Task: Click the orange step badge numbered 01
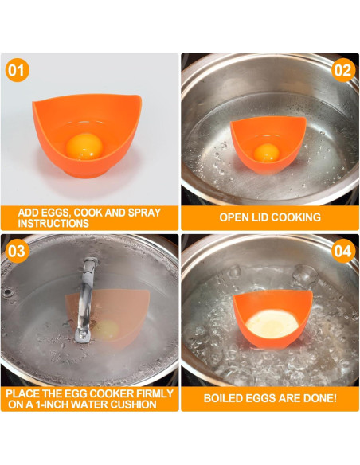click(17, 70)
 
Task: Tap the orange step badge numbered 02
click(343, 70)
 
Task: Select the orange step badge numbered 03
click(17, 251)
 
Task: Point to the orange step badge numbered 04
click(343, 251)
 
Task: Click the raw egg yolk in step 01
click(84, 147)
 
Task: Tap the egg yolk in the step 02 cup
click(266, 153)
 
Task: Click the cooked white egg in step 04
click(272, 324)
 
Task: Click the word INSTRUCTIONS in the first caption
click(53, 223)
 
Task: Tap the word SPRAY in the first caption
click(144, 213)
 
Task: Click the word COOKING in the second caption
click(295, 217)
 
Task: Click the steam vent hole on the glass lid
click(7, 293)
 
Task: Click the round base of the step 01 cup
click(86, 173)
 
